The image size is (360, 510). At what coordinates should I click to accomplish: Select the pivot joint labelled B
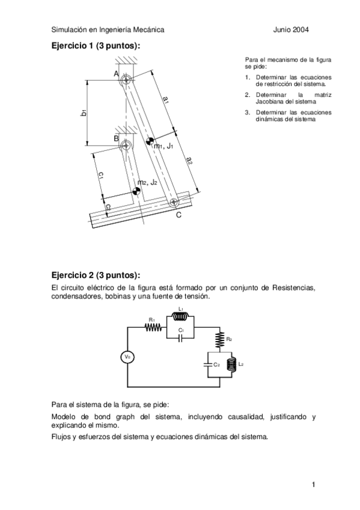tap(126, 145)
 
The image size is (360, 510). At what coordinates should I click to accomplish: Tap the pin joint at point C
tap(173, 202)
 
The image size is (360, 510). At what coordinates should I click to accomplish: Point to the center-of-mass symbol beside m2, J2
tap(136, 191)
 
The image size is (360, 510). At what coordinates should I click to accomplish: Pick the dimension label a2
tap(189, 160)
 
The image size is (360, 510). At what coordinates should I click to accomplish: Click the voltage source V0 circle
tap(127, 357)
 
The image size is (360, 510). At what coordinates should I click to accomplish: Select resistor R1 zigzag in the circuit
tap(153, 328)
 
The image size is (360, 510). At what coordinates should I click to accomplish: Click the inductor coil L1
tap(182, 318)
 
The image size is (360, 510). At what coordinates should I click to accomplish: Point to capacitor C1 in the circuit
tap(181, 337)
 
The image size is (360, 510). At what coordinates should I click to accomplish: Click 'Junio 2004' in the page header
tap(291, 29)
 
